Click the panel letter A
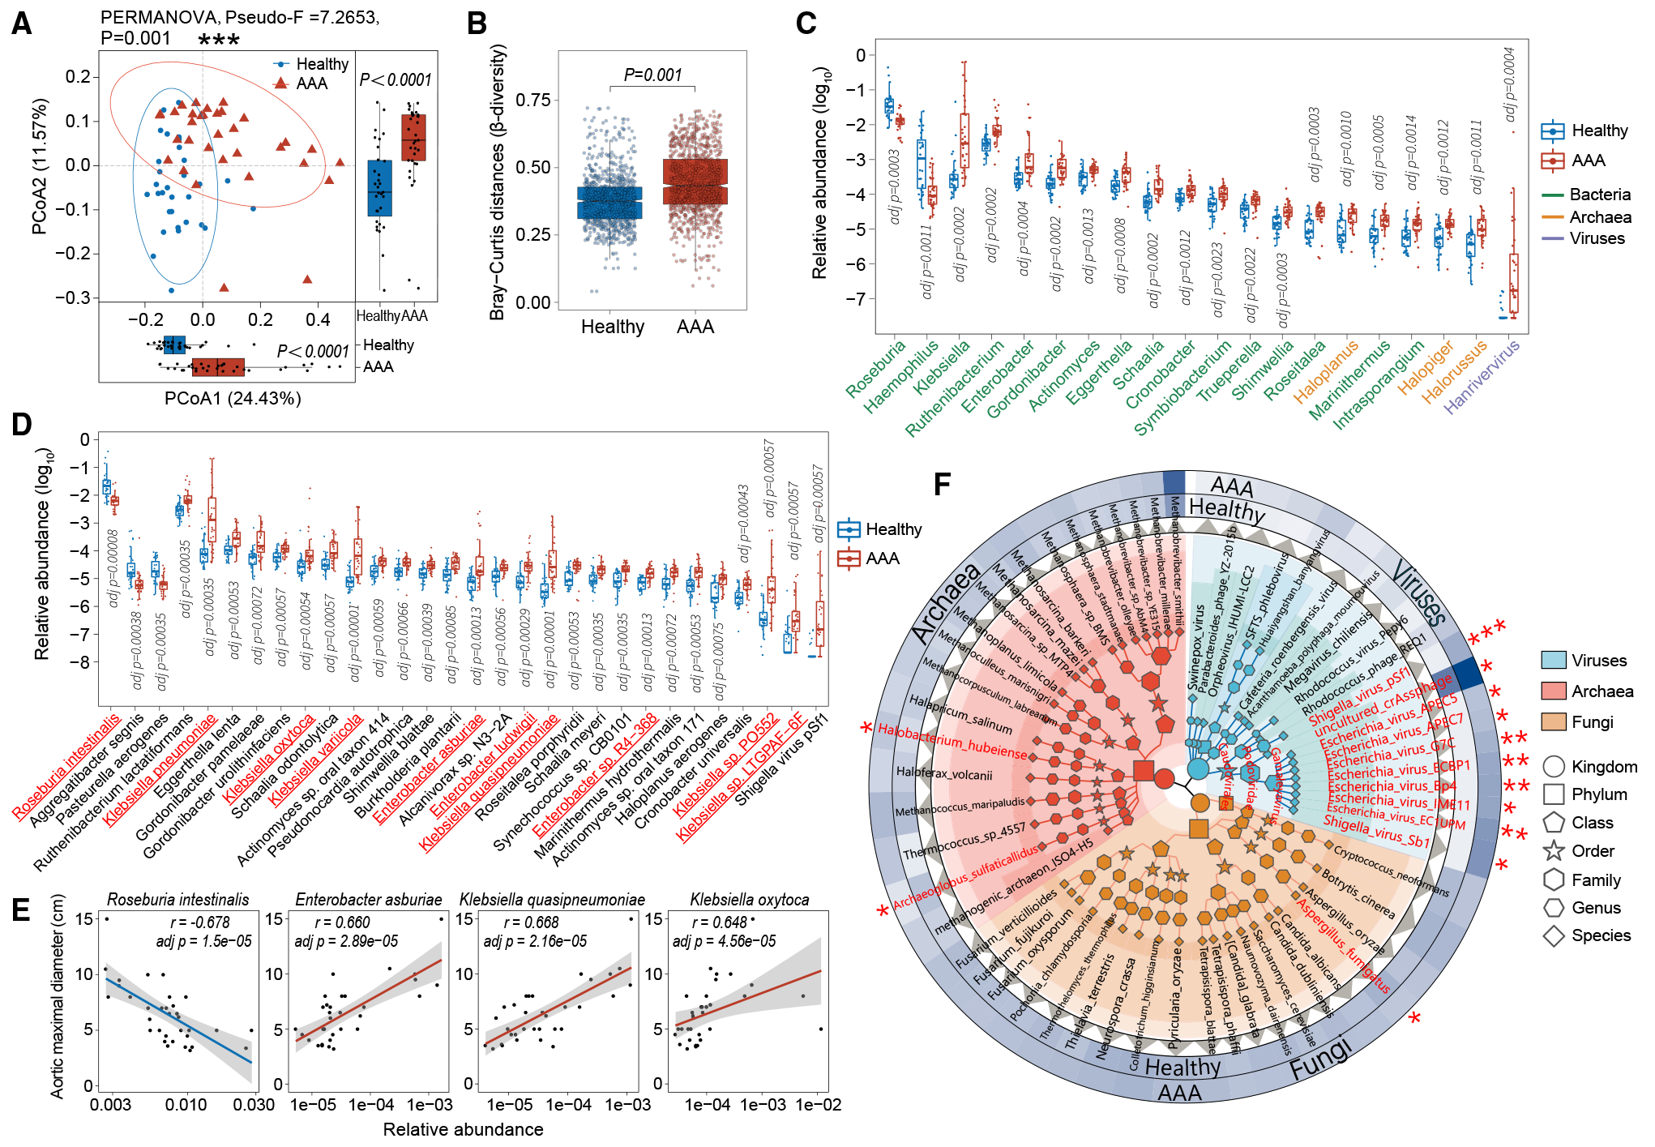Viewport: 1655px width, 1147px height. click(x=21, y=24)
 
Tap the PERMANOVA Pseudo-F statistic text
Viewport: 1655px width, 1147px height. click(x=240, y=17)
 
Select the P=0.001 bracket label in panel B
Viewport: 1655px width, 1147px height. click(x=652, y=75)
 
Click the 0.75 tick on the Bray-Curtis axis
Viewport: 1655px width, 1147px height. click(x=533, y=100)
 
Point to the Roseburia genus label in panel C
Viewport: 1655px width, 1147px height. click(x=875, y=370)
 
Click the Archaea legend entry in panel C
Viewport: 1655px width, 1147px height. click(x=1600, y=217)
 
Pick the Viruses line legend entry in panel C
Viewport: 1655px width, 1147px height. click(x=1597, y=238)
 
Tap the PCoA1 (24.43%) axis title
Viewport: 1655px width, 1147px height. click(x=233, y=399)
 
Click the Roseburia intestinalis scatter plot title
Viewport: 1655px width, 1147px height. click(x=178, y=900)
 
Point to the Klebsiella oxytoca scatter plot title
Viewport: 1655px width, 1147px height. click(x=749, y=900)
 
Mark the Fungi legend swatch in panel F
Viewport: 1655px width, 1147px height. click(x=1554, y=722)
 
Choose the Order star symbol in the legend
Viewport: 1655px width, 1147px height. click(x=1554, y=851)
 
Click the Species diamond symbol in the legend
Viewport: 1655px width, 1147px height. click(x=1554, y=935)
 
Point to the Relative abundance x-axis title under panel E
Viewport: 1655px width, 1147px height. click(x=463, y=1129)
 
